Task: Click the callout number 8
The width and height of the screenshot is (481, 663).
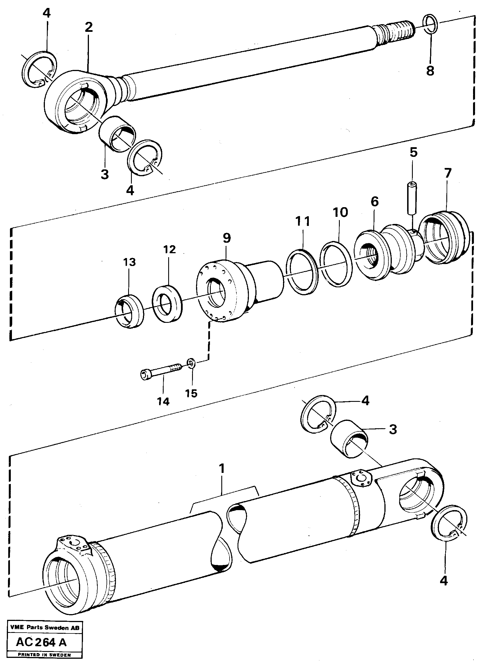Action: pyautogui.click(x=430, y=70)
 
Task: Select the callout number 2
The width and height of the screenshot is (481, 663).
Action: pyautogui.click(x=89, y=27)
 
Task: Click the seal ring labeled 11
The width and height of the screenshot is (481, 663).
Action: pyautogui.click(x=302, y=267)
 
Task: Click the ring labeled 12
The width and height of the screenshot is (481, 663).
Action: pyautogui.click(x=167, y=302)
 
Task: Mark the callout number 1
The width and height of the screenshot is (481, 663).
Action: pyautogui.click(x=222, y=469)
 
